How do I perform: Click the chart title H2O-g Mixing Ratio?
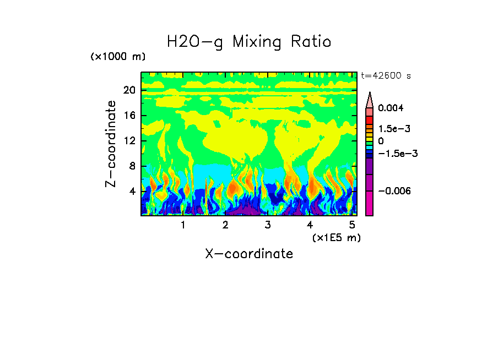[249, 42]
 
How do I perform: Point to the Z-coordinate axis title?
[111, 144]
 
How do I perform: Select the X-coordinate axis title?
[249, 254]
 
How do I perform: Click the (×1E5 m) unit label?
[336, 237]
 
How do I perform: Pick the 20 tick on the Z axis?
[129, 90]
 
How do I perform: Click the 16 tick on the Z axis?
[129, 116]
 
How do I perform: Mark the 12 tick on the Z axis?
[129, 141]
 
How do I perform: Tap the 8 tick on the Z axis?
[132, 166]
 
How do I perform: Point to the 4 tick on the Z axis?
[132, 192]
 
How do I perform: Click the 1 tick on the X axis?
[183, 225]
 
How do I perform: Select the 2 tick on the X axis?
[225, 225]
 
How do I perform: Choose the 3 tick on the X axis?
[268, 225]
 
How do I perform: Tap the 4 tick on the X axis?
[310, 225]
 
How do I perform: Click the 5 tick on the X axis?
[352, 225]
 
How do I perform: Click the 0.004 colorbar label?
[391, 108]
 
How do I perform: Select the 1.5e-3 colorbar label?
[393, 129]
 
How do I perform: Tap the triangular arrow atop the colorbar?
[370, 99]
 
